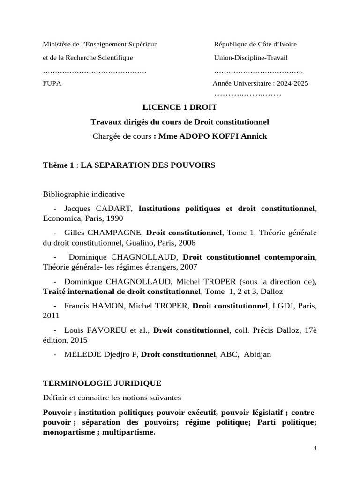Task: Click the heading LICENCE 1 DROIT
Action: (x=180, y=107)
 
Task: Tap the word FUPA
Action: (x=52, y=83)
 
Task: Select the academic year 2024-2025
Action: (x=292, y=83)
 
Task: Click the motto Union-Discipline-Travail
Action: (x=251, y=57)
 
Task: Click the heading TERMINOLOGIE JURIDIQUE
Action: (x=102, y=383)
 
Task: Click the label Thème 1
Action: (x=59, y=165)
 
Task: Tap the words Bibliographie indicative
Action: (x=84, y=194)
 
